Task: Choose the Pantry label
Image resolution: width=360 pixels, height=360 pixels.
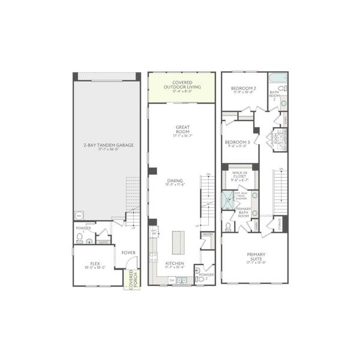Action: coord(208,235)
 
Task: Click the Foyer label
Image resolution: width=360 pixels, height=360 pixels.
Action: coord(128,253)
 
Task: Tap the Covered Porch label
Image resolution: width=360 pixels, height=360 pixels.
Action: coord(130,280)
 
